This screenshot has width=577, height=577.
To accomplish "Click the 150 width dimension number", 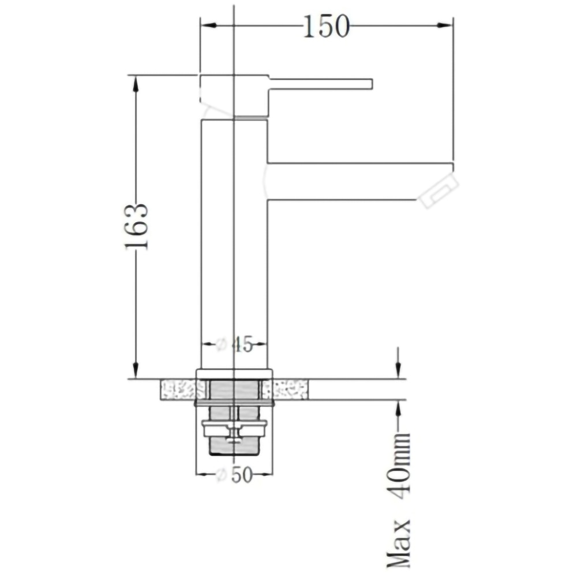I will pyautogui.click(x=326, y=26).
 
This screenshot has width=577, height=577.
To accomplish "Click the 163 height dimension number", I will pyautogui.click(x=137, y=226).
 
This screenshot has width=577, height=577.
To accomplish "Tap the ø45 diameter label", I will pyautogui.click(x=235, y=345).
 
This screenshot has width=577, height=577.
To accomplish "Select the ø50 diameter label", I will pyautogui.click(x=235, y=475).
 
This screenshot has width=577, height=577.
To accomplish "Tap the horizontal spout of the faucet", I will pyautogui.click(x=346, y=181).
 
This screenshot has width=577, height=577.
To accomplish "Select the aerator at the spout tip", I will pyautogui.click(x=439, y=191).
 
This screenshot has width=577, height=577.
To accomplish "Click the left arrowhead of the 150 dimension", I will pyautogui.click(x=207, y=26).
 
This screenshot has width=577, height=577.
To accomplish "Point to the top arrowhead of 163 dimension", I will pyautogui.click(x=136, y=83).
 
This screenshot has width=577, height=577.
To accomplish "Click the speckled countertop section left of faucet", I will pyautogui.click(x=178, y=389).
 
